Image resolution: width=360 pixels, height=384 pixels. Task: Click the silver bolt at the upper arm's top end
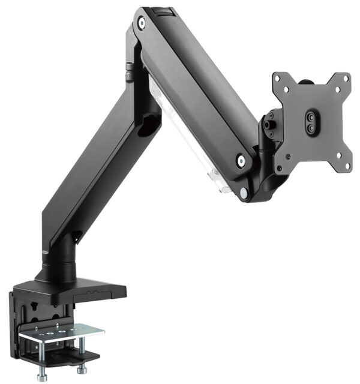click(x=142, y=23)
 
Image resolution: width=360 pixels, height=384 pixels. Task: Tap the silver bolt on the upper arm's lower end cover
click(x=240, y=160)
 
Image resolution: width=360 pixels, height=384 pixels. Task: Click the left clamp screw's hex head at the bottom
click(x=41, y=376)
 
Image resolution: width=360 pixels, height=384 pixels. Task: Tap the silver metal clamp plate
click(x=60, y=331)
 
